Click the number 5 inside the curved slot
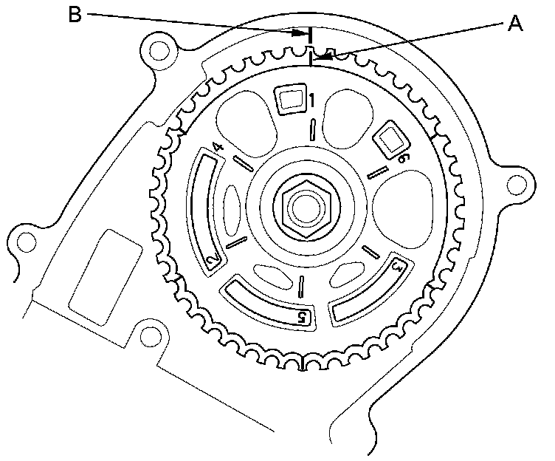(301, 317)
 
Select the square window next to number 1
(290, 99)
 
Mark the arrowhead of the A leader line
(317, 57)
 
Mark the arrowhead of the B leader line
(303, 33)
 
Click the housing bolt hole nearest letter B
(156, 49)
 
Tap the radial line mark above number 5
(301, 287)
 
